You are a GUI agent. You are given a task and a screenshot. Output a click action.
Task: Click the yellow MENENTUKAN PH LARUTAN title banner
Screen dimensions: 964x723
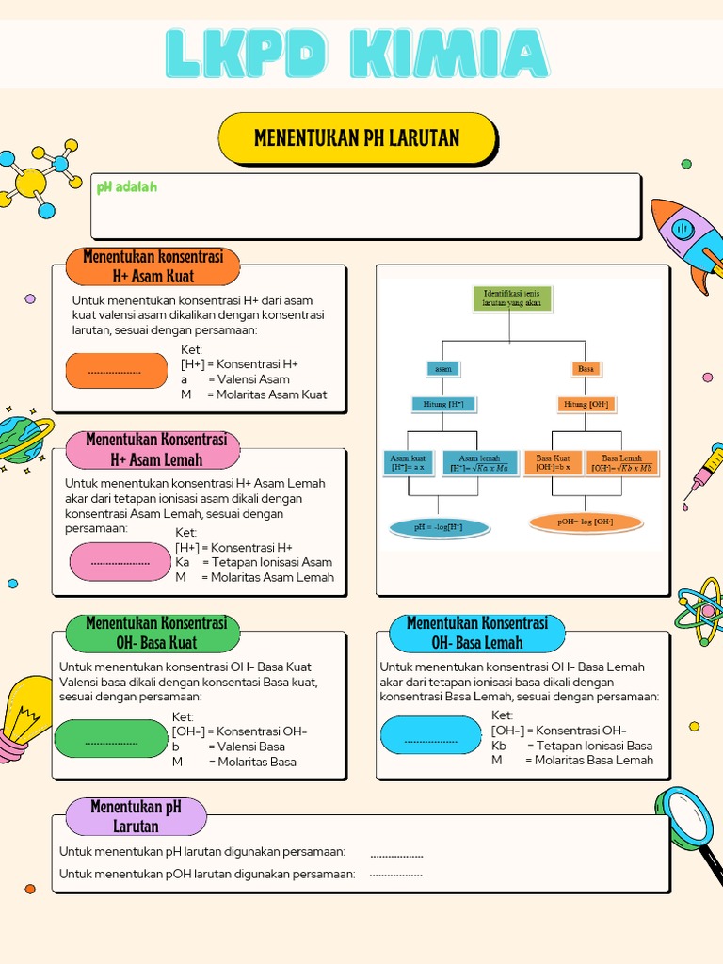[x=357, y=138]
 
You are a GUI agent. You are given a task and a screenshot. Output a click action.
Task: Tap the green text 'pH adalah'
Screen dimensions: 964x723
[x=127, y=186]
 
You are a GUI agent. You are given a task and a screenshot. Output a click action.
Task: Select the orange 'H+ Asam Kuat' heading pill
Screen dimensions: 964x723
[x=153, y=266]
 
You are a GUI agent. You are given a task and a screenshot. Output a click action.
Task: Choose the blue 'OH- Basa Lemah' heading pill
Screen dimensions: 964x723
[x=476, y=633]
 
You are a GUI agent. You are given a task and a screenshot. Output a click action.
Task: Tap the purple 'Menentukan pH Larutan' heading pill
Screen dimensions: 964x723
[x=136, y=816]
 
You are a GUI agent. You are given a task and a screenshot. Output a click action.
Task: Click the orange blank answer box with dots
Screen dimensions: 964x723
[x=115, y=371]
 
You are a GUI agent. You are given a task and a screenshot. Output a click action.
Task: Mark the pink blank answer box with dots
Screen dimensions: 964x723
[x=120, y=562]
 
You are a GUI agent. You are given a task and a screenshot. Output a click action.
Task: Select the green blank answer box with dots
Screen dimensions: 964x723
[x=111, y=740]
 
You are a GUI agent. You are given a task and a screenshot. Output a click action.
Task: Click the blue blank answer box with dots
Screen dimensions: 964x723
[x=430, y=735]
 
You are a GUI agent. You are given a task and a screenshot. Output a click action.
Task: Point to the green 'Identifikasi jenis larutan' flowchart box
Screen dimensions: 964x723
[x=511, y=299]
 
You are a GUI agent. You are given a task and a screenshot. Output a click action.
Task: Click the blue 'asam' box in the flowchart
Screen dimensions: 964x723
[x=442, y=369]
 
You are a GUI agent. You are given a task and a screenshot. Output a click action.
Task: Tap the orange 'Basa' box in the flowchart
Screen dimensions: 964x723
[x=586, y=369]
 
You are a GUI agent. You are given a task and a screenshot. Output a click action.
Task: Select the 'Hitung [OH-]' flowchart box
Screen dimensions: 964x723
[x=586, y=404]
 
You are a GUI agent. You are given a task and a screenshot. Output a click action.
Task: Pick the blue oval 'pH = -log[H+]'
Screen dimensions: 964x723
[x=439, y=527]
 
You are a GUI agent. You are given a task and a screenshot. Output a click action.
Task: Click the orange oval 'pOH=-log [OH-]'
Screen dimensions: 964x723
[x=586, y=522]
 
